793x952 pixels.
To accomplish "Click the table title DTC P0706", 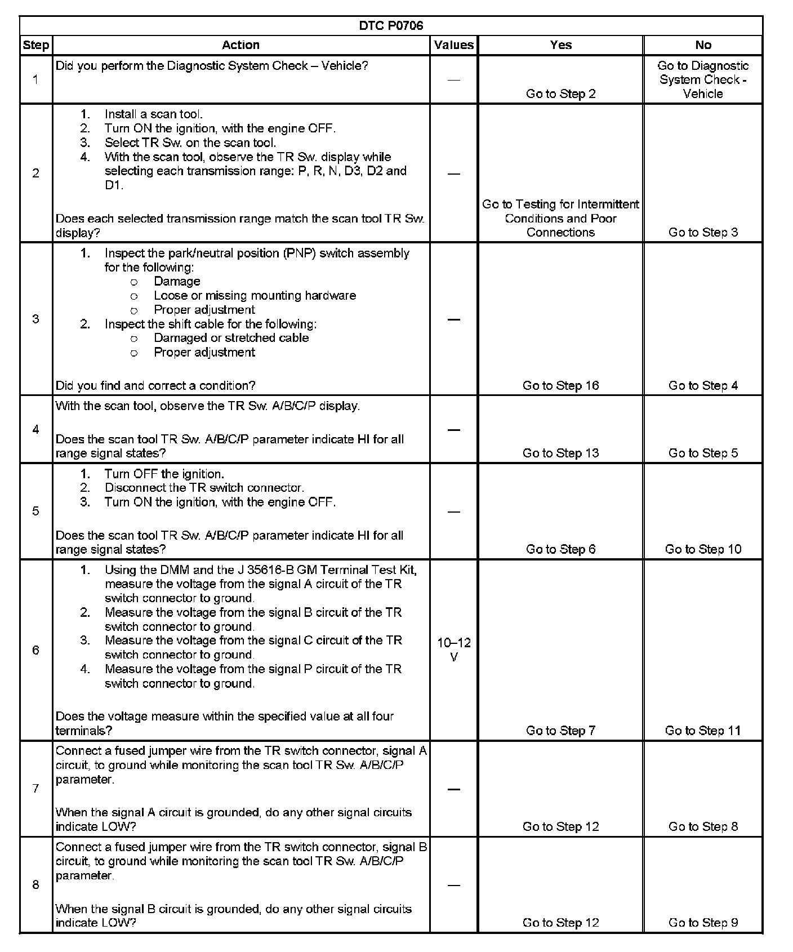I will point(391,26).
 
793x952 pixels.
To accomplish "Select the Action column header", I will point(240,45).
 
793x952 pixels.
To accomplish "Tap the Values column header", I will point(454,45).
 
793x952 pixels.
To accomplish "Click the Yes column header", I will point(560,45).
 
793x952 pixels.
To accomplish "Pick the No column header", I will point(703,45).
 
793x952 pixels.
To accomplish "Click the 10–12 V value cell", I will point(454,650).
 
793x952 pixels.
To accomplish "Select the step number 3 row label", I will point(35,319).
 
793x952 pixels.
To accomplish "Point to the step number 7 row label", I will point(35,789).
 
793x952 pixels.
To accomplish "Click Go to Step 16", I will point(560,385).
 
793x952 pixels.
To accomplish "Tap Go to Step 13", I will point(560,453).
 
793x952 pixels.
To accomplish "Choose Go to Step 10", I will point(703,549).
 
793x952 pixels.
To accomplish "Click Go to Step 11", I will point(703,731).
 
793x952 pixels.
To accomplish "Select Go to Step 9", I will point(703,923).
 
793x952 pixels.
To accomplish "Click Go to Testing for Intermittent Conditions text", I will point(560,218).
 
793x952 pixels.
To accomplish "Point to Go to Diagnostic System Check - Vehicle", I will point(703,79).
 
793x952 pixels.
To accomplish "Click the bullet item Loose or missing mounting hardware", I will point(255,295).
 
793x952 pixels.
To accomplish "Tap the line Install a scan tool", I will point(153,114).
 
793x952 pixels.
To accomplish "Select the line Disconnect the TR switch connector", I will point(204,488).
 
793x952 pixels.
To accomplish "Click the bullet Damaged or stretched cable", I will point(231,338).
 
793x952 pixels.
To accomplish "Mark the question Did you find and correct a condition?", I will point(155,385).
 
